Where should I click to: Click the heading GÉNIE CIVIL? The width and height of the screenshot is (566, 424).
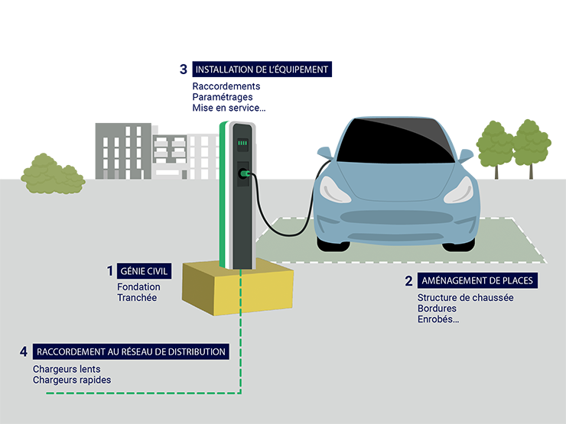145,271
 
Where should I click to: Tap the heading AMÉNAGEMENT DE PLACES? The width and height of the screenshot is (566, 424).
477,280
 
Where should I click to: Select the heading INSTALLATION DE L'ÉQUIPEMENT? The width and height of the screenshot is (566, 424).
262,70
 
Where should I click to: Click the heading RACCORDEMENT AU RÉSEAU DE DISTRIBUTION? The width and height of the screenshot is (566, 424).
131,351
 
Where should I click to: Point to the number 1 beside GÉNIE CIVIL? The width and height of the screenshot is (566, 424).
110,271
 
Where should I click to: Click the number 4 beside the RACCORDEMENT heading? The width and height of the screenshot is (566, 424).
24,351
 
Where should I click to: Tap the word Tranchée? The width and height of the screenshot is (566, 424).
137,298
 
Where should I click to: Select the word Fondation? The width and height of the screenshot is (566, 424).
138,287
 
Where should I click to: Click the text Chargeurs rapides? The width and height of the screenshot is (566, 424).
71,380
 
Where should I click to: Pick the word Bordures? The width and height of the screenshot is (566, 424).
437,309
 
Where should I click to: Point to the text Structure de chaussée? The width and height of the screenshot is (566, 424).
465,298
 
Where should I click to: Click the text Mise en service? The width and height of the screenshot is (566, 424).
229,108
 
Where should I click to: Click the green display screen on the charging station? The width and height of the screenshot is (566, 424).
242,143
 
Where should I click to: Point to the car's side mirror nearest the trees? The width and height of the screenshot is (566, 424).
466,156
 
